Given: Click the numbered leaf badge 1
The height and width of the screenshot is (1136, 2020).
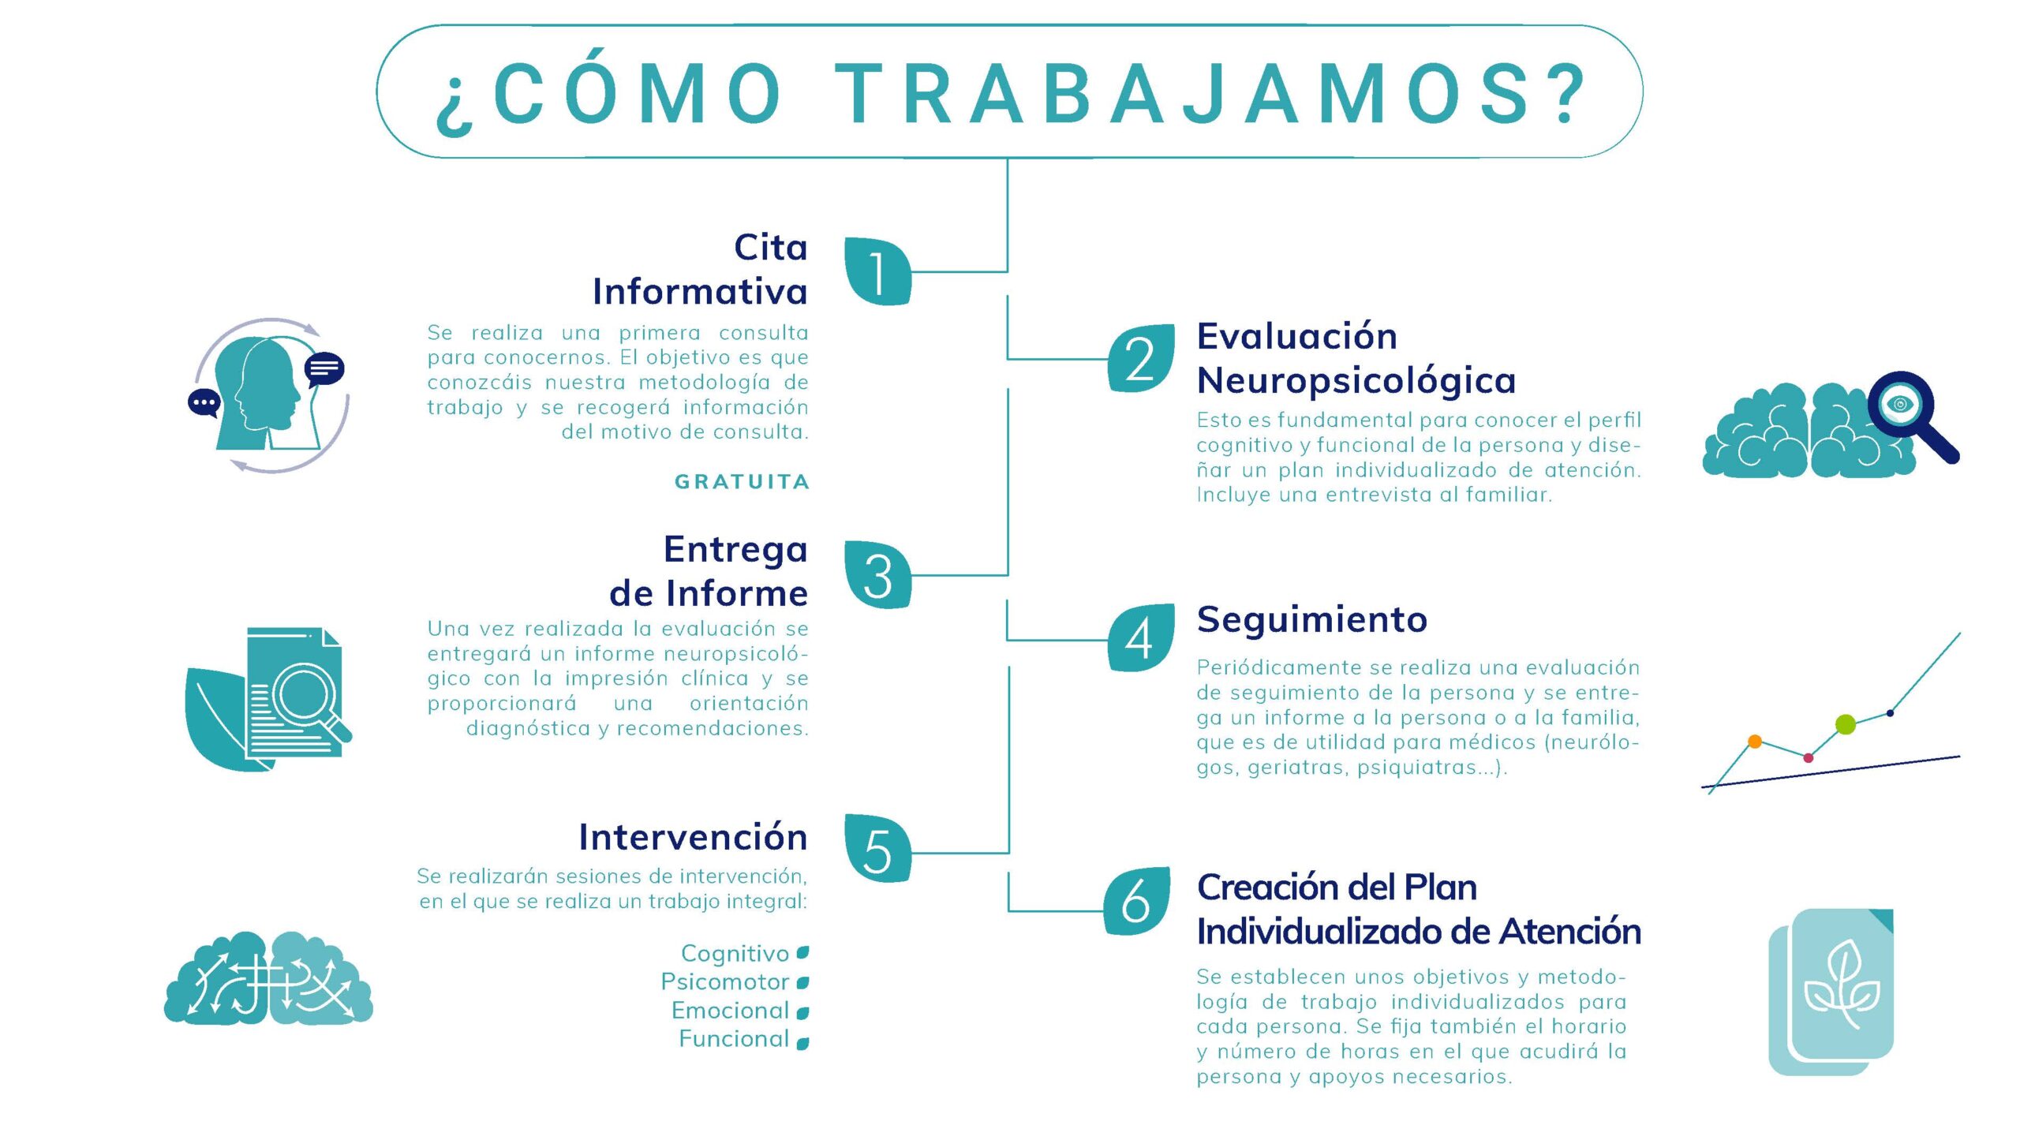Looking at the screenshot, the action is coord(877,271).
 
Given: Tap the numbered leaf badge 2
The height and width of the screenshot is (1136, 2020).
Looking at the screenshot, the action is coord(1140,358).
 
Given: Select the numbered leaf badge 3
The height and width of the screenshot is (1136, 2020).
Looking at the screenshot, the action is coord(877,574).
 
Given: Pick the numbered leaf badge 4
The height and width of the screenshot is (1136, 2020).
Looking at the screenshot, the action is coord(1140,637).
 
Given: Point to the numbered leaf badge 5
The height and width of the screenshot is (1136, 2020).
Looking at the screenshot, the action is coord(877,849).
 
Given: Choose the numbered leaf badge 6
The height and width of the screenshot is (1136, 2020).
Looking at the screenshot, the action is coord(1137,901).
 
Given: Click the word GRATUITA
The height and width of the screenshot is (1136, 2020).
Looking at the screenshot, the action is coord(742,481).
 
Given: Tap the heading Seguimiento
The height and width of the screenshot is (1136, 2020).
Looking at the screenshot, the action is coord(1312,620).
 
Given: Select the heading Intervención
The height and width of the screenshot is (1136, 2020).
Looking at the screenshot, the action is coord(693,836).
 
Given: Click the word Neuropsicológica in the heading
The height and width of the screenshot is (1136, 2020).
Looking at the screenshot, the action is coord(1356,381).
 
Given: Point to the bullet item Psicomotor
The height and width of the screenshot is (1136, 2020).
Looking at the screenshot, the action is coord(725,981).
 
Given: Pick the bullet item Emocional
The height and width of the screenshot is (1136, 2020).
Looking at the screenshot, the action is coord(731,1011).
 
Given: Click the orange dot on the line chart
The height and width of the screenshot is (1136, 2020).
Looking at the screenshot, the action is coord(1755,741).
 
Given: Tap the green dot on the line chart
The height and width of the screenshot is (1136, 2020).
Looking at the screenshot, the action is coord(1846,724).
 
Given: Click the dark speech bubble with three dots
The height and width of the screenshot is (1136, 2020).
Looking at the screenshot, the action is coord(204,403).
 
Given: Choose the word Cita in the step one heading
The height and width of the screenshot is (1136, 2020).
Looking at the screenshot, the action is coord(771,248).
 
